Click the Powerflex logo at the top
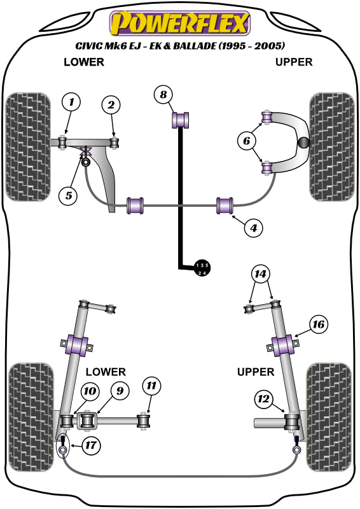[179, 24]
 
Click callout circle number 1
[72, 102]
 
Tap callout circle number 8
[163, 95]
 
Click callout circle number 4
[253, 226]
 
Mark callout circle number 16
[318, 325]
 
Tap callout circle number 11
[152, 386]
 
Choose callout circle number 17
[91, 445]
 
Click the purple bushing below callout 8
[183, 118]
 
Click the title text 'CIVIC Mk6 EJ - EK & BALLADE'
[179, 46]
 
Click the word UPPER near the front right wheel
[293, 62]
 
